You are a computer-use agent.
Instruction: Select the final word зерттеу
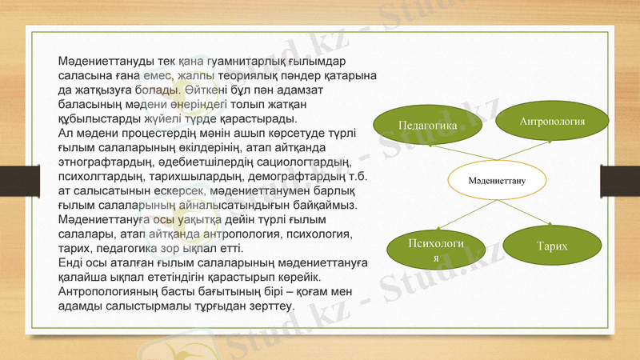[271, 306]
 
